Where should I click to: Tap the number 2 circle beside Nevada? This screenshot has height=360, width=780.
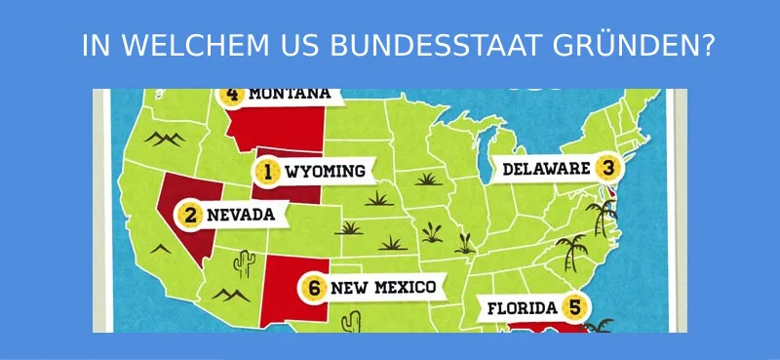point(191,215)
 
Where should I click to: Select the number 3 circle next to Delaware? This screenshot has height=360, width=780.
point(607,169)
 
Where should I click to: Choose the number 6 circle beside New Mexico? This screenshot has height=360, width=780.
point(313,288)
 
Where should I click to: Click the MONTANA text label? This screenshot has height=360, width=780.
point(290,95)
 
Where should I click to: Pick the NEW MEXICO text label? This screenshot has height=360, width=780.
point(382,288)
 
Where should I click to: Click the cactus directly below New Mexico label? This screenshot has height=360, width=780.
point(353,320)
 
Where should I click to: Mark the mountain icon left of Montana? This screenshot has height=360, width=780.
point(162,138)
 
